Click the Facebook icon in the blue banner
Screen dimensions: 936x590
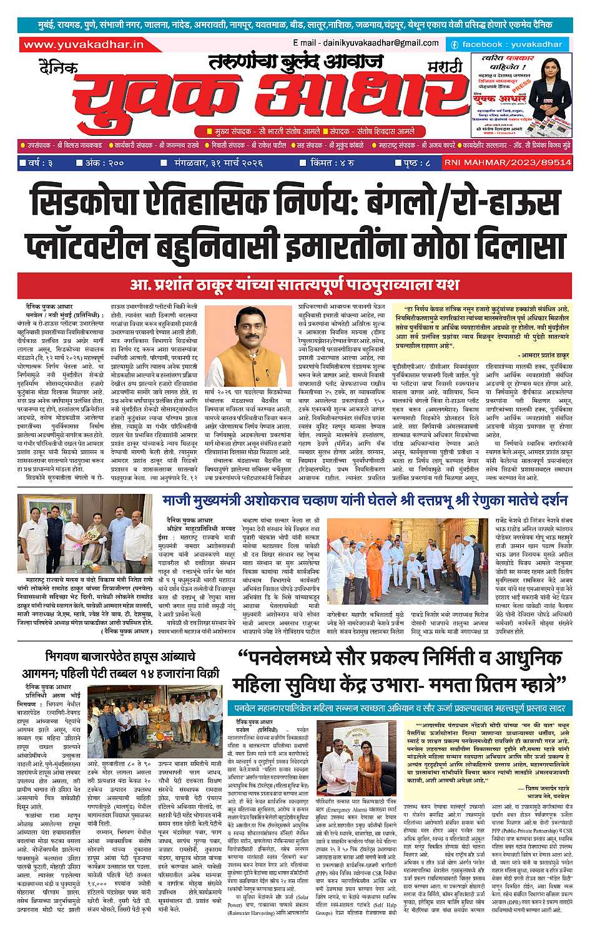(455, 45)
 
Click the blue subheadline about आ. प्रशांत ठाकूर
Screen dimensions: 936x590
(295, 284)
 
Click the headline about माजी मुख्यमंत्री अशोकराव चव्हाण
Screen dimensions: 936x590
(365, 501)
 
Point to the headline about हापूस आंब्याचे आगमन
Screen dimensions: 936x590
(132, 664)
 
